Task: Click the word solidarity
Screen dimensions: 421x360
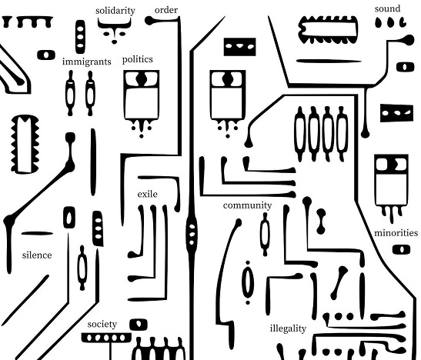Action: tap(115, 11)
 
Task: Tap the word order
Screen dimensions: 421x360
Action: tap(166, 10)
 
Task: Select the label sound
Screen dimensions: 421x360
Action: tap(387, 8)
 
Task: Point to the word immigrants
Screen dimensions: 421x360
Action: tap(86, 62)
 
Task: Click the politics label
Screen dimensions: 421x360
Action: tap(138, 59)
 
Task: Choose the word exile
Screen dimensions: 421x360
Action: tap(148, 194)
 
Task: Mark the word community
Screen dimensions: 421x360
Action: tap(247, 205)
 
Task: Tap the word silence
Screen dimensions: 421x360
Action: tap(37, 255)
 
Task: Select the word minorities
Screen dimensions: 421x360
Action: tap(396, 232)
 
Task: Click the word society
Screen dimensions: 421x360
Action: tap(102, 325)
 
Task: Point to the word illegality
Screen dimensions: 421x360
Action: tap(288, 328)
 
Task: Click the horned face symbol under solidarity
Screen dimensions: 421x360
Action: tap(115, 30)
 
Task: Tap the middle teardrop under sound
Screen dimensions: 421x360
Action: tap(390, 22)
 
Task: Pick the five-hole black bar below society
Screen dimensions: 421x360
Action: tap(106, 338)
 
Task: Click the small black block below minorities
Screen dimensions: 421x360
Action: tap(401, 249)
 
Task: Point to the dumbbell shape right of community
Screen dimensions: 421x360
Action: tap(321, 222)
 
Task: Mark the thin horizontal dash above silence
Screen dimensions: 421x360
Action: tap(37, 233)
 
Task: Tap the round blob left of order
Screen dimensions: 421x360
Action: tap(149, 21)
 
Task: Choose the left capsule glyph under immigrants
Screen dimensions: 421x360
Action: tap(70, 93)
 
